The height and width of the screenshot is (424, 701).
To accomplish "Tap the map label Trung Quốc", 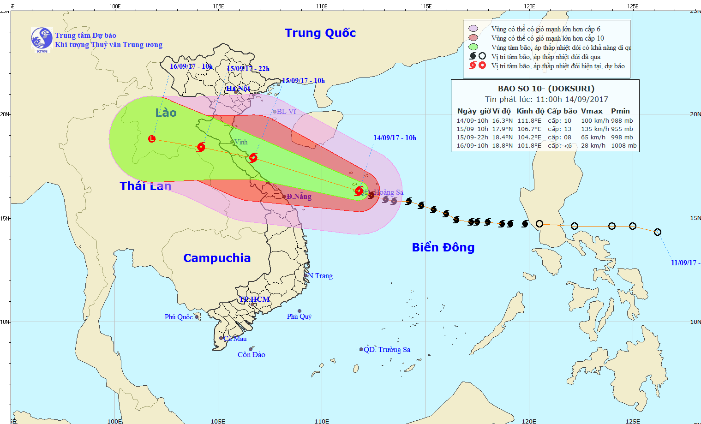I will click(320, 33).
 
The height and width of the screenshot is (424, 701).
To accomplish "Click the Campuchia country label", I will click(217, 258).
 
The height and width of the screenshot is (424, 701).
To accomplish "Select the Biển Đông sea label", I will click(443, 248).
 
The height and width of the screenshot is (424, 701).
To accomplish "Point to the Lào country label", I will click(166, 113).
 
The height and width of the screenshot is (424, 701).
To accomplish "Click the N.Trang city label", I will click(320, 276).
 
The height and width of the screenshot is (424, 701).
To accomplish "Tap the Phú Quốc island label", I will click(179, 317).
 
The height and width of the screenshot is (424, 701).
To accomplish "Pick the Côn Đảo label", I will click(252, 355).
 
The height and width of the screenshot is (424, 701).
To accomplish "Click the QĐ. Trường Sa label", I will click(387, 350).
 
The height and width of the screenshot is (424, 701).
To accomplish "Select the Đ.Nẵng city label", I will click(299, 197).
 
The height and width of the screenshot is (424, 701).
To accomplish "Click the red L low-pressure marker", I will click(152, 139).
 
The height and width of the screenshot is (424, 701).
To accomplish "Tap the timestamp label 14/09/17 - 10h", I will click(395, 138).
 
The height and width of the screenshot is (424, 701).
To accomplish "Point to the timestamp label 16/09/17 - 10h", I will click(191, 66).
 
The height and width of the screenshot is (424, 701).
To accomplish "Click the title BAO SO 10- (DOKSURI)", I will click(546, 89).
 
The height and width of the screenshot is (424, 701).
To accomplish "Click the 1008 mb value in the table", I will click(623, 146).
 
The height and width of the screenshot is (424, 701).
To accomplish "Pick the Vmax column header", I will click(592, 111).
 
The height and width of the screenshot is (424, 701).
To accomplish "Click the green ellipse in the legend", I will click(473, 47).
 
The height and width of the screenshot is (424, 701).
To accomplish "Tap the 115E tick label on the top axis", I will click(426, 6).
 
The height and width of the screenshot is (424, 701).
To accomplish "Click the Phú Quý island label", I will click(299, 317).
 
